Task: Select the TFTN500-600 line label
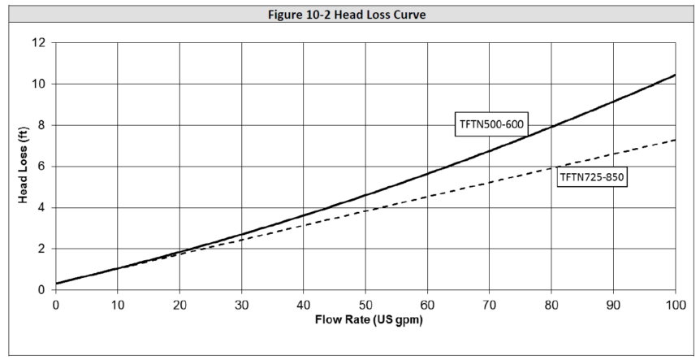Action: tap(490, 125)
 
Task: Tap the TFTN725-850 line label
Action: tap(592, 177)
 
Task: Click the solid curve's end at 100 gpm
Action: tap(675, 75)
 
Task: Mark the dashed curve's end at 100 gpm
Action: tap(675, 140)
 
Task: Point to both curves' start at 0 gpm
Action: tap(56, 284)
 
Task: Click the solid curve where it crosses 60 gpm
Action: tap(427, 174)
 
